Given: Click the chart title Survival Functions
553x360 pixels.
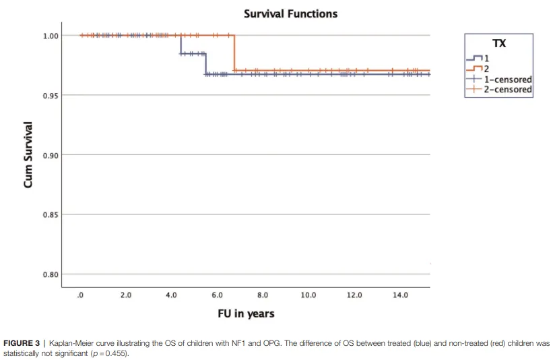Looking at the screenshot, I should tap(290, 13).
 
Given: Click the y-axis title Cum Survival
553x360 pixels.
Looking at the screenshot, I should tap(28, 155).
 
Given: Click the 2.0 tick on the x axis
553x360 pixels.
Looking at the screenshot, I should tap(126, 295).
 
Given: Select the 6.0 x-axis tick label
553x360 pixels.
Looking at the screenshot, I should tap(217, 295).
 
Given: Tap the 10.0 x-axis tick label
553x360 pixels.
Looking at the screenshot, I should tap(308, 295).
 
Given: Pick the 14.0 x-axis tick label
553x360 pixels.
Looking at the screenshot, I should tap(399, 295).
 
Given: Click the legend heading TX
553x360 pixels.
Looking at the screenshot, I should tap(500, 44).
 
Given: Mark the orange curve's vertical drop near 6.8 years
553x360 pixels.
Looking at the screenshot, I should tap(234, 53).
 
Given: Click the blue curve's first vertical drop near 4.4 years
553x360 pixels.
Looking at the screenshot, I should tap(181, 44).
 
